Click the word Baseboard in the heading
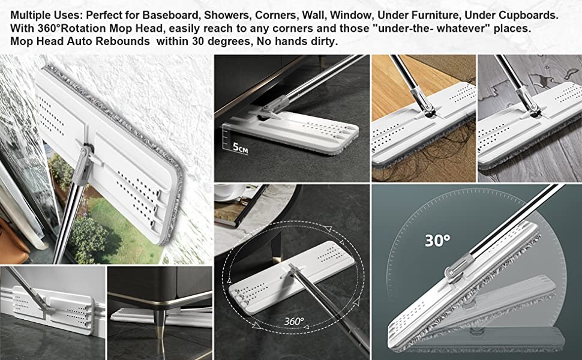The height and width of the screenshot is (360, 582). point(170,15)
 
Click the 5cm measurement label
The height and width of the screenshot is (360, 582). point(240,148)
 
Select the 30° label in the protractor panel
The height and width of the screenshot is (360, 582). point(437,241)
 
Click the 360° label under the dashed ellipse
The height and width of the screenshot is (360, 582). point(294,321)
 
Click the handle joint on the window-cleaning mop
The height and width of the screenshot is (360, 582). point(85,156)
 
